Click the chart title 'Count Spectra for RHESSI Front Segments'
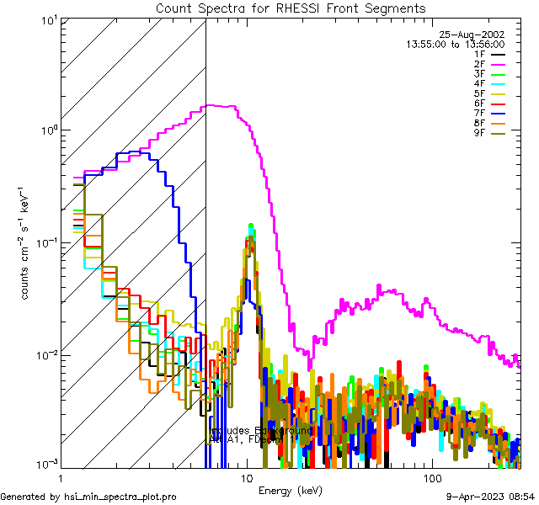(291, 8)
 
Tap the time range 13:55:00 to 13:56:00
(456, 44)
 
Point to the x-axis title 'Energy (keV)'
(290, 490)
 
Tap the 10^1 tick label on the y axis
(46, 20)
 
